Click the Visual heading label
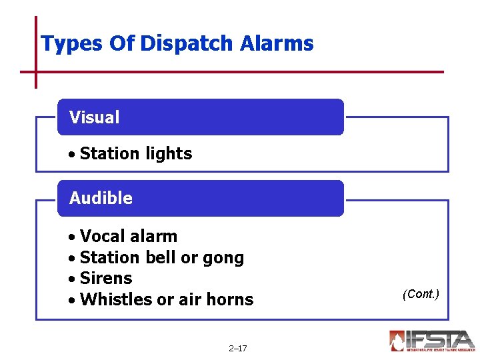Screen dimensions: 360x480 tap(94, 118)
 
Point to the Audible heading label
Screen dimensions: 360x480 tap(101, 198)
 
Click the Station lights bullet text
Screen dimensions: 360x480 tap(135, 153)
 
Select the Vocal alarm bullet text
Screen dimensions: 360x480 tap(128, 236)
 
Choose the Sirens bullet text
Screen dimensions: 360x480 tap(105, 278)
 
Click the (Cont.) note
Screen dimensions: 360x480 tap(421, 294)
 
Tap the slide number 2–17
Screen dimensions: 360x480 tap(237, 348)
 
